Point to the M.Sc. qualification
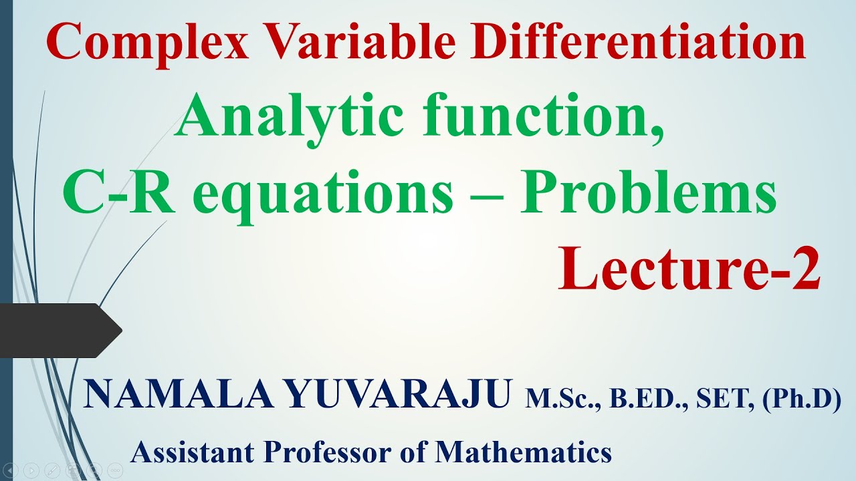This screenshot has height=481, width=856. tap(559, 399)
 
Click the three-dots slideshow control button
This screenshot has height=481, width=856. tap(115, 470)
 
